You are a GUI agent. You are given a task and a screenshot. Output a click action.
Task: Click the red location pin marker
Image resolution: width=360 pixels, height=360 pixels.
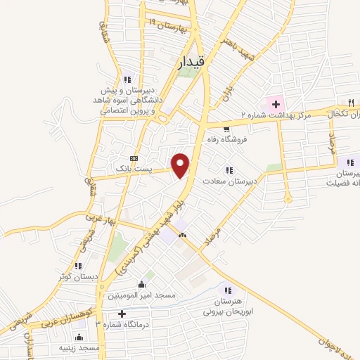[181, 165]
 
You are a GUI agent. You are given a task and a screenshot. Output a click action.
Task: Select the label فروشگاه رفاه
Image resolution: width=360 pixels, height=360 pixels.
[224, 139]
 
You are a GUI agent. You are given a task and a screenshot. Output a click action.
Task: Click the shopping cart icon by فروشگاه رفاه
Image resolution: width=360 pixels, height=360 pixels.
[226, 129]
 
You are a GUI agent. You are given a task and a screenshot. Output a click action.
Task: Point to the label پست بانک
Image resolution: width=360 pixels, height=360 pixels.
[134, 169]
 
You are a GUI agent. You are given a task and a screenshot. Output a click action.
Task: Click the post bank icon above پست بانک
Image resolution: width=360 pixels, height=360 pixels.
[134, 158]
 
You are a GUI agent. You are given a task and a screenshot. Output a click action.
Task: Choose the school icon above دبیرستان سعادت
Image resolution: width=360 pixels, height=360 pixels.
[229, 169]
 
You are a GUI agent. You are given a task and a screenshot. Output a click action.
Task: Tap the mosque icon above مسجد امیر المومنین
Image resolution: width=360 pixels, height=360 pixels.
[142, 284]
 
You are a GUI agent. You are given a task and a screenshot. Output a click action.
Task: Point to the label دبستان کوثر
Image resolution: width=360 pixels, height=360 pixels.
[76, 276]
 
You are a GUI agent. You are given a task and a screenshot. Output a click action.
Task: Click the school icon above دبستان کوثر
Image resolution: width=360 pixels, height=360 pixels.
[78, 266]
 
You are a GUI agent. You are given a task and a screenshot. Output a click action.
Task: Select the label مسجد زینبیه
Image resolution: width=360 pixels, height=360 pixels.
[79, 348]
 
